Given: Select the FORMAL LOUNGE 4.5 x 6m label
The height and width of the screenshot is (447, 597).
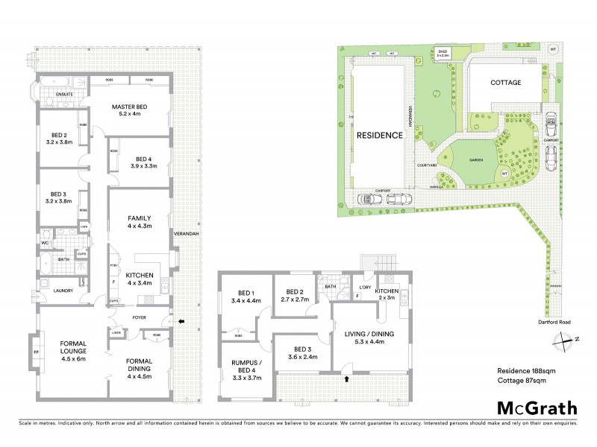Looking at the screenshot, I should coord(72,349).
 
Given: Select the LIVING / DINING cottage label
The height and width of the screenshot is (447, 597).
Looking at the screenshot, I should coord(370,339).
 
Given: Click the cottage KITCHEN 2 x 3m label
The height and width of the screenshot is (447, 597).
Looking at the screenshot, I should coord(387,294).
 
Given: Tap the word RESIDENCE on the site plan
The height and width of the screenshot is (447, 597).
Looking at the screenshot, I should coord(379,136).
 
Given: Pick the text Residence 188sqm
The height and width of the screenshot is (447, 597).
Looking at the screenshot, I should coord(526,370).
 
